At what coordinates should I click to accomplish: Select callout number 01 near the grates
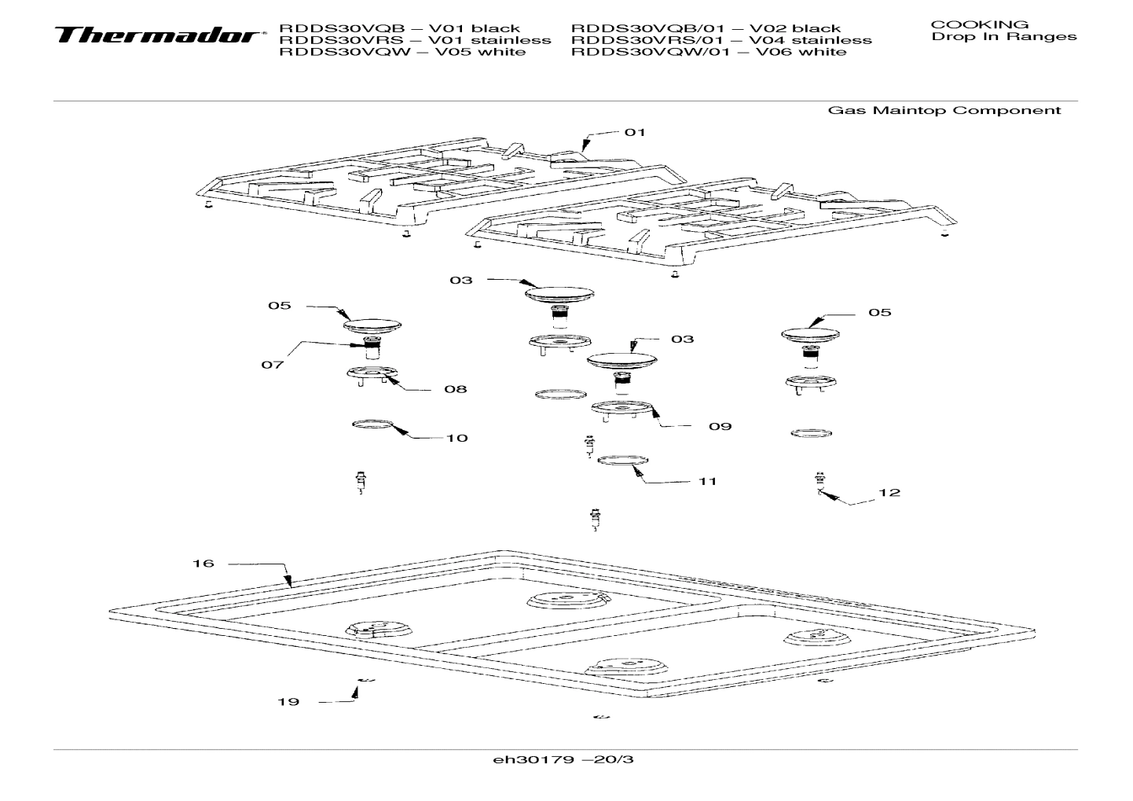(x=635, y=132)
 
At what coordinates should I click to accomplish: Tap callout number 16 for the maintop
(x=203, y=564)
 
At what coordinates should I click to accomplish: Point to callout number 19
(x=288, y=702)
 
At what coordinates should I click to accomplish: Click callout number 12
(x=889, y=493)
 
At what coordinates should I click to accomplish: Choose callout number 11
(x=707, y=481)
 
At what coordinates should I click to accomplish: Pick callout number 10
(x=456, y=438)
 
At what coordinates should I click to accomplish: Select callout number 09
(x=720, y=426)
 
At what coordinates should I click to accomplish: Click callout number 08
(x=455, y=389)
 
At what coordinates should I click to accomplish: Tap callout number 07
(x=273, y=366)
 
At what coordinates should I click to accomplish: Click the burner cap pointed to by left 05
(x=372, y=324)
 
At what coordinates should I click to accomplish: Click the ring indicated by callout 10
(x=372, y=425)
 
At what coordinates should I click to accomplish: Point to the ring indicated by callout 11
(x=625, y=460)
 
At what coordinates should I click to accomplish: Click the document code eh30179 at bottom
(x=563, y=760)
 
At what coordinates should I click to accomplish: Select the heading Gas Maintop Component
(x=944, y=110)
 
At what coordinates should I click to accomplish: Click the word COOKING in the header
(x=979, y=24)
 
